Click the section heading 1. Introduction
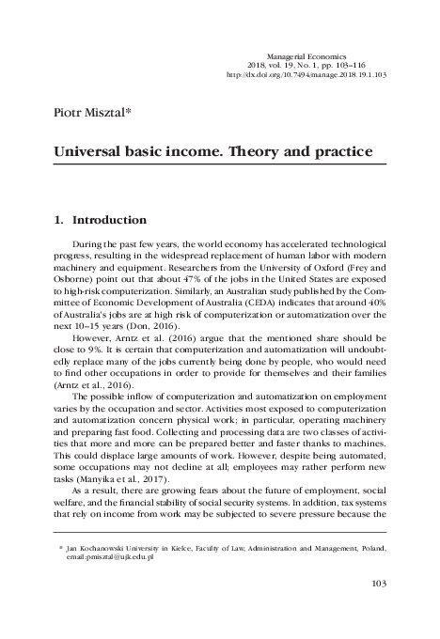(99, 220)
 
